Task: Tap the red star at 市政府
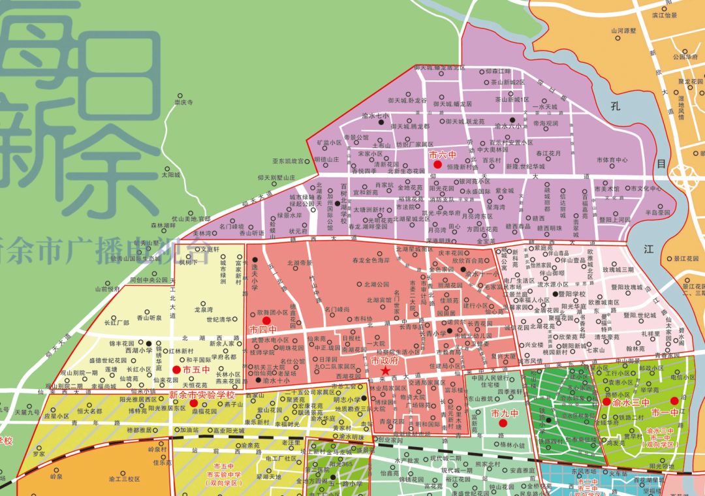tap(385, 371)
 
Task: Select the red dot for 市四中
tap(266, 321)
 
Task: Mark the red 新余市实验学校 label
tap(201, 395)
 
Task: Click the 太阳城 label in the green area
tap(170, 175)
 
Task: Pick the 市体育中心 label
tap(612, 160)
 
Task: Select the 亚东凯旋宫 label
tap(288, 161)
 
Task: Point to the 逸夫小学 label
tap(253, 277)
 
